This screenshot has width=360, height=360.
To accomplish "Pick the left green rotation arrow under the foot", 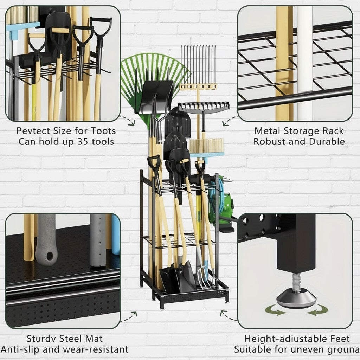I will coord(275,309).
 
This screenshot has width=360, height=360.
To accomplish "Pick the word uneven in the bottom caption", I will coord(304,349).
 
